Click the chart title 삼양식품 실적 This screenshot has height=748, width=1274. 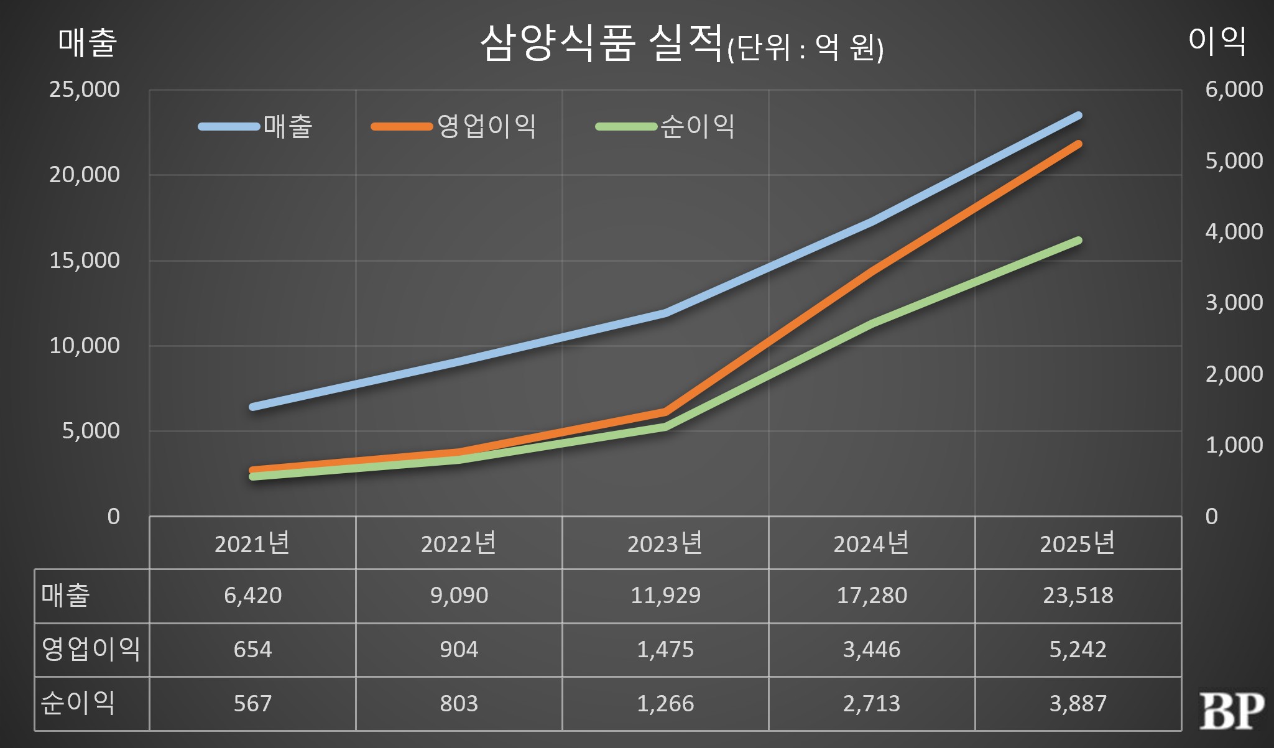(x=601, y=44)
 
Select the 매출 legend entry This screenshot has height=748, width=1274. (x=256, y=126)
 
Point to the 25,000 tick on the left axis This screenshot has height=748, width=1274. (x=85, y=90)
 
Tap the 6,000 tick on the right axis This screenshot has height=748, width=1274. (x=1234, y=90)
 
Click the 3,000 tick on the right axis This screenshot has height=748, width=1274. (x=1234, y=303)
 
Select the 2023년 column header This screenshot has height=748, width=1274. (x=665, y=543)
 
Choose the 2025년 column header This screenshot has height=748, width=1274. (x=1078, y=543)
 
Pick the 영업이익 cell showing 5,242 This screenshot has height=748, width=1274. (x=1078, y=650)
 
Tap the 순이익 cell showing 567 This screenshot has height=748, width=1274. (x=252, y=704)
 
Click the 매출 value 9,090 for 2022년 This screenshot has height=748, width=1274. (x=459, y=596)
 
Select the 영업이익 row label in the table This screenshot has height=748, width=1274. (x=91, y=649)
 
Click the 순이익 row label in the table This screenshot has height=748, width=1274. (x=78, y=703)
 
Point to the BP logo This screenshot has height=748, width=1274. (x=1232, y=710)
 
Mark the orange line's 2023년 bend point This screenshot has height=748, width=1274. (x=665, y=412)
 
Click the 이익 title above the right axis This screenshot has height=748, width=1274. (x=1217, y=41)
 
